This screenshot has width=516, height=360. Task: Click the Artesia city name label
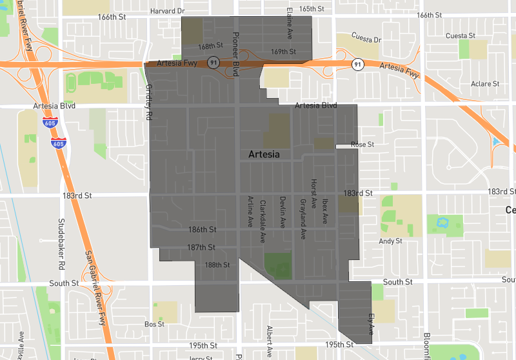[x=264, y=155]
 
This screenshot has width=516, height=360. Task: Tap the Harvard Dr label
[x=167, y=11]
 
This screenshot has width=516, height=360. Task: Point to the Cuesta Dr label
[x=366, y=39]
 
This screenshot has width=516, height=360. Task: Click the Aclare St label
[x=485, y=84]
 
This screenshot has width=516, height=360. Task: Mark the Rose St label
[x=362, y=145]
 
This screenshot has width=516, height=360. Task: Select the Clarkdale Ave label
[x=263, y=220]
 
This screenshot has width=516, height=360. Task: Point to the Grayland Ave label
[x=302, y=219]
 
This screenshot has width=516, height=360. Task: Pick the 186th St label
[x=202, y=230]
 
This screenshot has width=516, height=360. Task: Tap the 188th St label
[x=217, y=265]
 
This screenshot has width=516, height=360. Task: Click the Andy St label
[x=390, y=241]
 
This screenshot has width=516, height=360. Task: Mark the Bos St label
[x=155, y=324]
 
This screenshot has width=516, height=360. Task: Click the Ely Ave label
[x=372, y=323]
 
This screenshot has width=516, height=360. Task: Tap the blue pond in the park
[x=442, y=223]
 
